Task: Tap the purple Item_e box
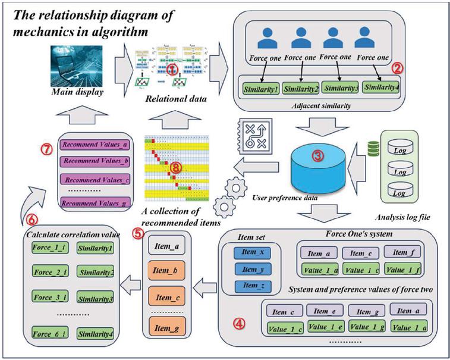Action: click(325, 311)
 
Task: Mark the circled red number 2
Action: click(398, 68)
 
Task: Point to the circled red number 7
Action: click(47, 148)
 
